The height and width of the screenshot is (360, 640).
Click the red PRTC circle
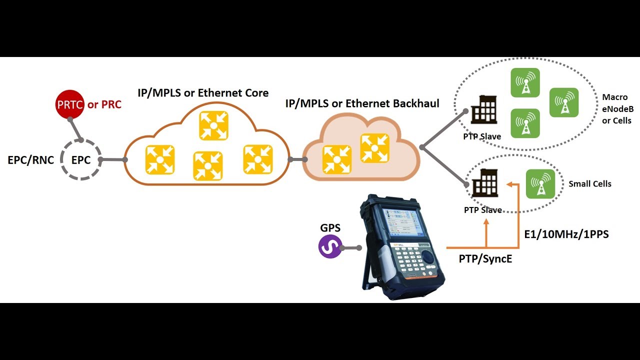[69, 104]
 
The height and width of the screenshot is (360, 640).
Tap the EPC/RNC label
[31, 160]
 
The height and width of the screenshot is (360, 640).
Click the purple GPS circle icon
[330, 246]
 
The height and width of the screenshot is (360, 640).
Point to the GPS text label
[330, 227]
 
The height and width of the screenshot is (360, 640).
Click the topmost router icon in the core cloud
[213, 125]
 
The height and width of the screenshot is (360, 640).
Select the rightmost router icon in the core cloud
[257, 159]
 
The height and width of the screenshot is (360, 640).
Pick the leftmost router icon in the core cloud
[160, 160]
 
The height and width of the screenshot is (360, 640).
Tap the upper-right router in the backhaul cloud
[375, 148]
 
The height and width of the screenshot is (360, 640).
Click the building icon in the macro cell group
[484, 109]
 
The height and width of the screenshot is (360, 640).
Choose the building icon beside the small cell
[485, 183]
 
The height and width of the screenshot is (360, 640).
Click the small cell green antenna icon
[540, 184]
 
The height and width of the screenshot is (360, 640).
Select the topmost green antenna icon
[525, 82]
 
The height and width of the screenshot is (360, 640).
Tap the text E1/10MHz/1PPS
[566, 234]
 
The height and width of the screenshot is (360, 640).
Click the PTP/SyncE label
[485, 259]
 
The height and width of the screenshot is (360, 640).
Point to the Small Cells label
[589, 183]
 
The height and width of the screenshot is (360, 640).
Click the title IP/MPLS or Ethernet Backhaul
[362, 103]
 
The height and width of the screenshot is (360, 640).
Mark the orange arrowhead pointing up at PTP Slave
[486, 221]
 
